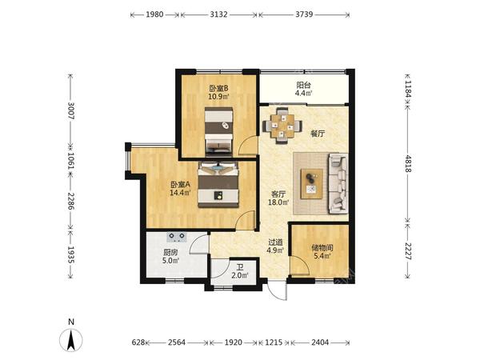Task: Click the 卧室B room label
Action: [x=218, y=89]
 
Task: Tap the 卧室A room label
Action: [x=180, y=185]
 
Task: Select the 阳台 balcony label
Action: [x=303, y=85]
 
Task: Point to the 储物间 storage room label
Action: [x=322, y=247]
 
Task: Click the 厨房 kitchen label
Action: [x=170, y=253]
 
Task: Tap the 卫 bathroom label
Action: [x=240, y=267]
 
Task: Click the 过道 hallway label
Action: [x=275, y=242]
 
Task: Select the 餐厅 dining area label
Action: [x=318, y=134]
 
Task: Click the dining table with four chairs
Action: [x=282, y=126]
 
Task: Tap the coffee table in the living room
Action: [x=312, y=184]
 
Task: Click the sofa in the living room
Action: [x=338, y=183]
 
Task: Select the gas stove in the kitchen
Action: [x=177, y=236]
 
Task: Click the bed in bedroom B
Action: [x=218, y=130]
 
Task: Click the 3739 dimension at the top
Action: [x=304, y=14]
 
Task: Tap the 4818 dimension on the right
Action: [x=407, y=164]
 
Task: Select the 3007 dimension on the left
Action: [x=70, y=110]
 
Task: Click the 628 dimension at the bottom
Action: [x=138, y=342]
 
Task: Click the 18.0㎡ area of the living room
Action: [x=278, y=202]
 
